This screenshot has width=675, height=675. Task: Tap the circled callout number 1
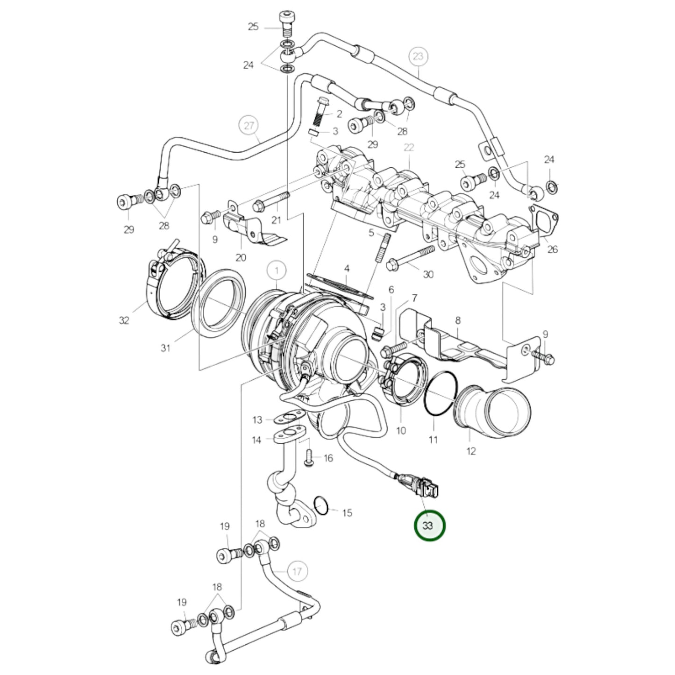(277, 270)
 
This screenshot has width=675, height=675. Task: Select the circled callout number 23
(418, 57)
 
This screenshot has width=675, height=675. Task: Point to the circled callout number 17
(297, 571)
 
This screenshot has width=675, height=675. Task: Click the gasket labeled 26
(544, 220)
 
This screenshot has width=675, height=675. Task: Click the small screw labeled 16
(309, 458)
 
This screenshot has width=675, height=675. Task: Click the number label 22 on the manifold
(409, 147)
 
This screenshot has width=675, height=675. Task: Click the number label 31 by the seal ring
(165, 348)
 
